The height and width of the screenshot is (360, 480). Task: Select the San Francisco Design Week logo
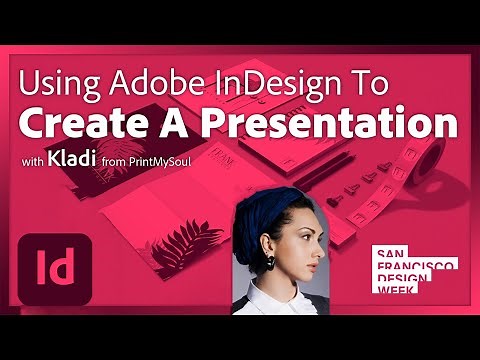point(413,270)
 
